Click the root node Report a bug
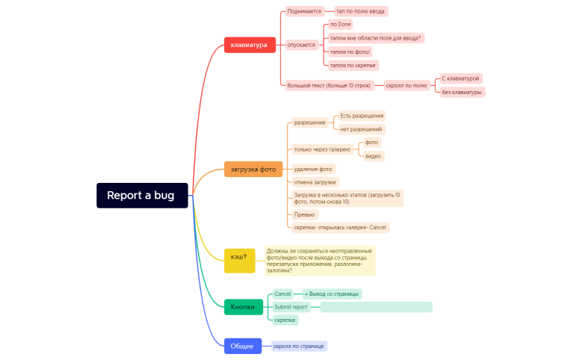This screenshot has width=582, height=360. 142,196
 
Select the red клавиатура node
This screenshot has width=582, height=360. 250,45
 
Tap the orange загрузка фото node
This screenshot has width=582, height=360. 253,169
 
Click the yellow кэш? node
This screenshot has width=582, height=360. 239,256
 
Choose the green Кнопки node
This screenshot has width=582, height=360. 243,307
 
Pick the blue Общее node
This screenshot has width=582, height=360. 241,346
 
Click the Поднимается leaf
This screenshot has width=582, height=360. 304,11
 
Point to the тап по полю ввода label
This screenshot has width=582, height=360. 361,11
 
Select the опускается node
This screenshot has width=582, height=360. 301,45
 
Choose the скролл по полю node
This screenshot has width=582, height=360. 406,85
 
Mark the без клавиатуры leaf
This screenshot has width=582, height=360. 462,92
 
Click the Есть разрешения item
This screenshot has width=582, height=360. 362,116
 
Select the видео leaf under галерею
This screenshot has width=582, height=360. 374,156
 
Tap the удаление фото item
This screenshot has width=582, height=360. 313,169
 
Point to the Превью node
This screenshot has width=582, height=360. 304,214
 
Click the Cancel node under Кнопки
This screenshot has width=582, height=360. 282,294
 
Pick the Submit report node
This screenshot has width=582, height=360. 291,307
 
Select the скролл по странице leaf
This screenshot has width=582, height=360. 299,346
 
